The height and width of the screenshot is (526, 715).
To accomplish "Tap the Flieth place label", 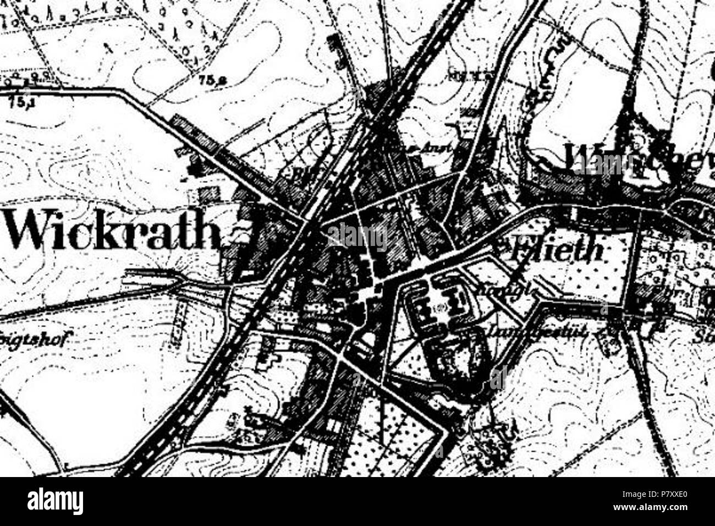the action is tap(555, 250).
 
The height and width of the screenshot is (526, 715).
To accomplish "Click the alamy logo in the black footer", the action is tap(55, 502).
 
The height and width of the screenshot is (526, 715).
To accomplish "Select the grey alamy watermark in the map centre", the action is tap(358, 237).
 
